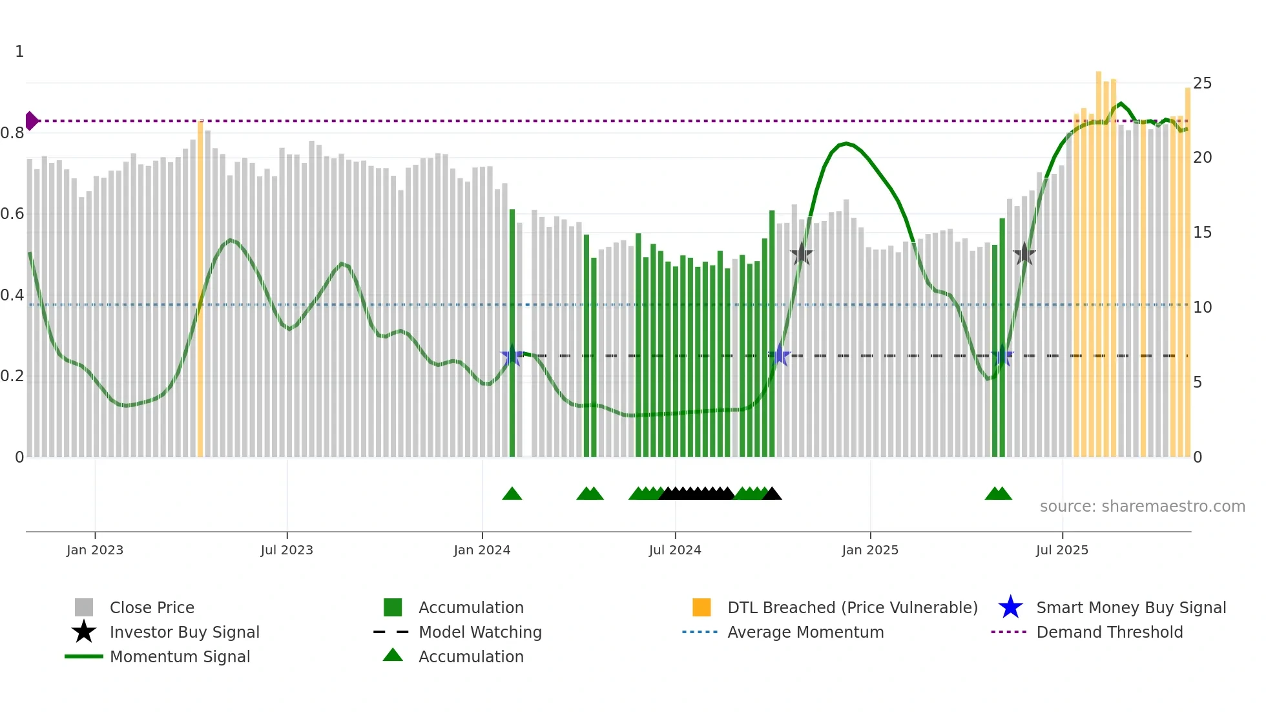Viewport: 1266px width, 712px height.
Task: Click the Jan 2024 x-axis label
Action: coord(482,550)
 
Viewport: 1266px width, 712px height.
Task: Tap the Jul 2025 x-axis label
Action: coord(1062,550)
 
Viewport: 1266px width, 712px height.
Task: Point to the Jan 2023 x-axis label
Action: coord(95,550)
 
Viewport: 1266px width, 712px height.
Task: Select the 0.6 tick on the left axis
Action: coord(12,214)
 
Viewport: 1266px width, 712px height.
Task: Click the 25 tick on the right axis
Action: coord(1202,83)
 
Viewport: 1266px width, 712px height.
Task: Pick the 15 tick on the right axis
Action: coord(1202,233)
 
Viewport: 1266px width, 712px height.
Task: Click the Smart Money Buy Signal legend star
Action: coord(1010,607)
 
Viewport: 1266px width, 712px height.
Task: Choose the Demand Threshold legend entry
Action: coord(1109,632)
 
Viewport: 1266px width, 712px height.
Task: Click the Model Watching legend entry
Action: coord(479,632)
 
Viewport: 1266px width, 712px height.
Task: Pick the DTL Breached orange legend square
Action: coord(701,607)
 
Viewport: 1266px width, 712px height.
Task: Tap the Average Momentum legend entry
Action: coord(805,632)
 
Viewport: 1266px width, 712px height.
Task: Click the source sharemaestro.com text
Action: coord(1142,506)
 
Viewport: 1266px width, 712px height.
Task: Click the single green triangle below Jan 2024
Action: coord(512,494)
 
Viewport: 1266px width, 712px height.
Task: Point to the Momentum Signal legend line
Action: coord(84,656)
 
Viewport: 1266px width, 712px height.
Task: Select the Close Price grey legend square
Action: coord(84,607)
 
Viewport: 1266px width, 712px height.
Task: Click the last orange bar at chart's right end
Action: coord(1187,271)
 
